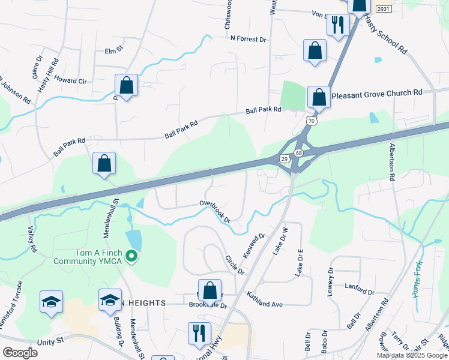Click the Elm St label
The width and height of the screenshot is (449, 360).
point(113,51)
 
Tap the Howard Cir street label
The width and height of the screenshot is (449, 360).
point(70,80)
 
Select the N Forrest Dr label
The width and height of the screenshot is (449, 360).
point(248,39)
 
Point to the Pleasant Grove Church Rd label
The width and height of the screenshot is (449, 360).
point(377,94)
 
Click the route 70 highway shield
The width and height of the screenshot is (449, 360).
point(311,121)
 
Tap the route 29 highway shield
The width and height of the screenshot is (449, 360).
point(285,158)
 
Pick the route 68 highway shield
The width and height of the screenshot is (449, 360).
point(299,153)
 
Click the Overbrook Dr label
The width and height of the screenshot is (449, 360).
point(215,211)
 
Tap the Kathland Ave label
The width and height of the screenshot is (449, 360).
point(264,300)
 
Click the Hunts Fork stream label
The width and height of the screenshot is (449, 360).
point(417,281)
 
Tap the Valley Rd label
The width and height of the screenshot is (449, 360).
point(32,239)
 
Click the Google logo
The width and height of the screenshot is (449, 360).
point(20,353)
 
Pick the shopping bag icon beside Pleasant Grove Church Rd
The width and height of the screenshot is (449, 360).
point(319,98)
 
